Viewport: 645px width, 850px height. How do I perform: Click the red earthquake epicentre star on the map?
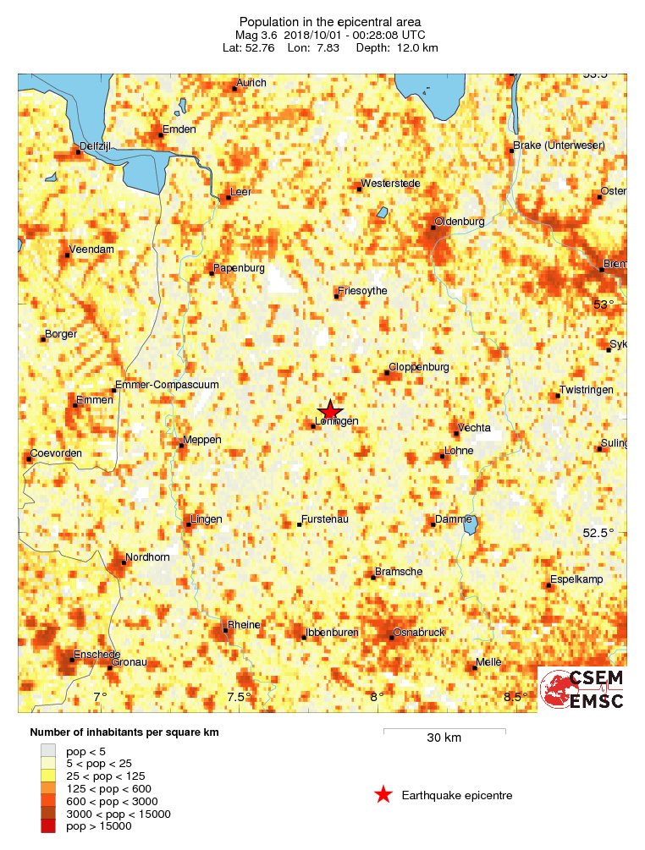329,409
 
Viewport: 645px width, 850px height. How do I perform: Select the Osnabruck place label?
421,633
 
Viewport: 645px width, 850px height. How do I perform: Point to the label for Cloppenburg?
420,367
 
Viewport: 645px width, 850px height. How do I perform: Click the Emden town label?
180,129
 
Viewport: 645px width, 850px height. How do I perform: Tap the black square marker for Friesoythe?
337,296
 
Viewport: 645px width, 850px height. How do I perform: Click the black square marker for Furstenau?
300,524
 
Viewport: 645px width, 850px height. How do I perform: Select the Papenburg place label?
240,268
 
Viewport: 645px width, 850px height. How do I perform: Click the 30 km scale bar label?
444,738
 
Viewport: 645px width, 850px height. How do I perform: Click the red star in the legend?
383,794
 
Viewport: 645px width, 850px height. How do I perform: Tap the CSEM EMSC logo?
582,689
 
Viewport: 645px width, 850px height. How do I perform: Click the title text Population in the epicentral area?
330,22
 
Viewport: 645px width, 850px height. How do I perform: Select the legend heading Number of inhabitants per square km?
125,732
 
